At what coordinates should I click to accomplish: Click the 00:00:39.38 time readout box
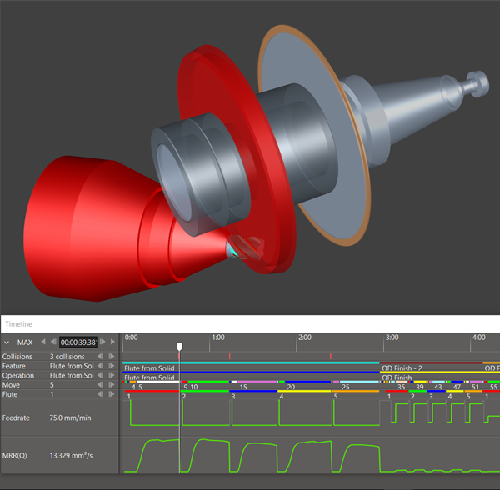(x=77, y=342)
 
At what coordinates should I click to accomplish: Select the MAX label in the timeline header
(x=25, y=342)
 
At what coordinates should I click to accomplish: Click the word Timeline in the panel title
(x=18, y=323)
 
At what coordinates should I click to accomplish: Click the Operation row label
(x=20, y=376)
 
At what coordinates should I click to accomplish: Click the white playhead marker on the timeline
(x=179, y=344)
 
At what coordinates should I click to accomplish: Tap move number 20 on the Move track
(x=291, y=387)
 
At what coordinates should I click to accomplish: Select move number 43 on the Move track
(x=438, y=387)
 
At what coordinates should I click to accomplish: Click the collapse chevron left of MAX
(x=7, y=342)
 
